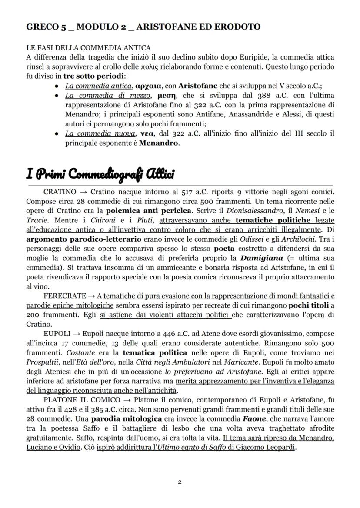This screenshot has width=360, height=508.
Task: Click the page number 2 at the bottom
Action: pos(180,482)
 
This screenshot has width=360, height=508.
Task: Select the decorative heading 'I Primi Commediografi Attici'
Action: pos(100,174)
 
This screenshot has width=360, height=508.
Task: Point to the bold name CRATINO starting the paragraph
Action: pos(60,192)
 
